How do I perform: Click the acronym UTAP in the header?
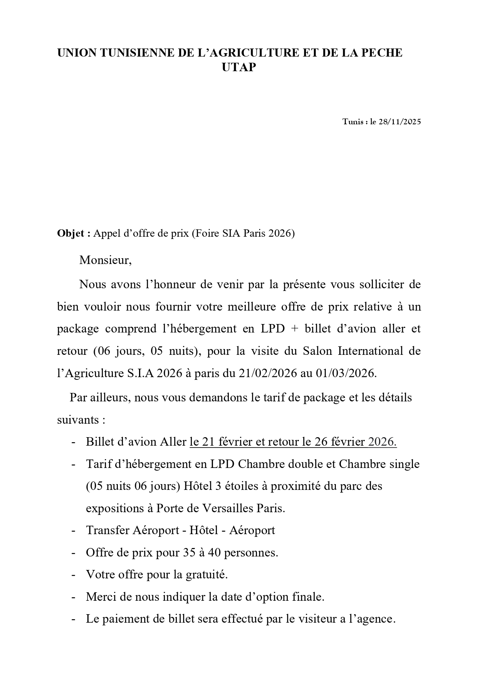239,67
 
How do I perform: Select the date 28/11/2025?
400,122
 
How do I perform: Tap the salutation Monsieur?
105,260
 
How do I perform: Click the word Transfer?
107,530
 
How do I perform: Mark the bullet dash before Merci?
73,597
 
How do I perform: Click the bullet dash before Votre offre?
73,575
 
